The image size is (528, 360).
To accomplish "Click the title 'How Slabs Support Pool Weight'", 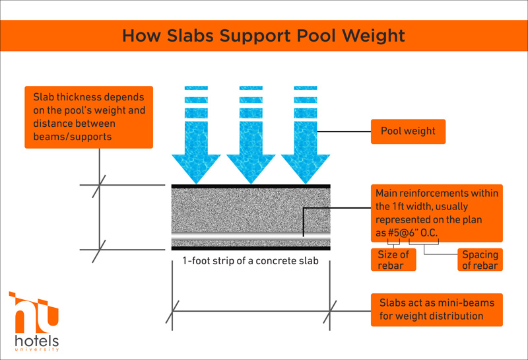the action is point(263,36).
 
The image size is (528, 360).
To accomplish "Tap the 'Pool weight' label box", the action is point(408,131).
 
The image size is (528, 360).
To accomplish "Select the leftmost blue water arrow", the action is point(196,135).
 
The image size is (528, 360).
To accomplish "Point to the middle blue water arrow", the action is point(251,135).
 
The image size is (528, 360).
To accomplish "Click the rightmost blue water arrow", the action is point(306,135).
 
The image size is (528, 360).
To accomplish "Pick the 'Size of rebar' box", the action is point(393,260).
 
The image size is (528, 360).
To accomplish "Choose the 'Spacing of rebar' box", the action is point(480,260).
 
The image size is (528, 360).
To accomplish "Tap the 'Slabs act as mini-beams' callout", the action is point(437,310).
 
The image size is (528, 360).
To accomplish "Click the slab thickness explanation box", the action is point(89,117).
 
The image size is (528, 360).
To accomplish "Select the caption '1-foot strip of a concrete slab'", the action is point(251,261).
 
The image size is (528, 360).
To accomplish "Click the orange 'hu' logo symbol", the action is point(34,313).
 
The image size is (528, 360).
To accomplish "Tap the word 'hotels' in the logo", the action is point(37,341).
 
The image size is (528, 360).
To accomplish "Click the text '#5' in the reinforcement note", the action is point(393,233).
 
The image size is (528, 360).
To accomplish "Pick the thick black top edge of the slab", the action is point(251,186).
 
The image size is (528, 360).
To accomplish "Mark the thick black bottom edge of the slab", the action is point(251,248).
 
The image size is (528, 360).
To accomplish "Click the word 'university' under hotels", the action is point(37,349).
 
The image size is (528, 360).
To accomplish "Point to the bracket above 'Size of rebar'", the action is point(393,242).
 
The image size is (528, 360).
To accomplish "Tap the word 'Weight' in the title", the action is point(373,36).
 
